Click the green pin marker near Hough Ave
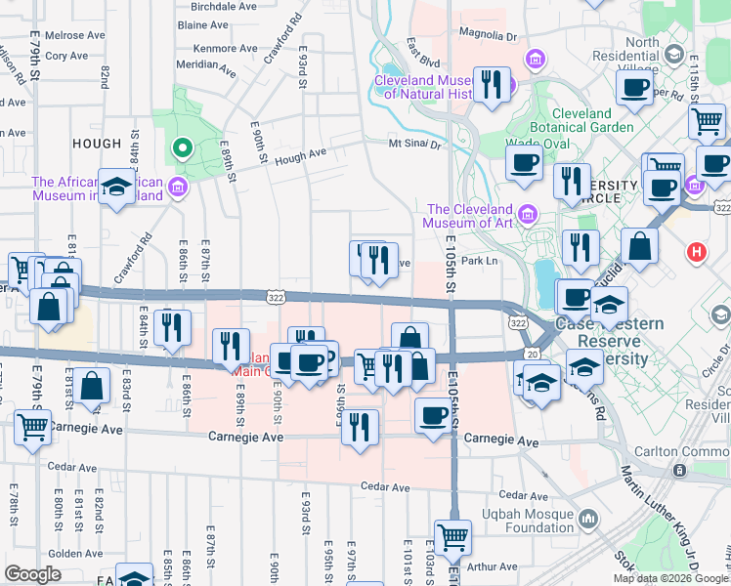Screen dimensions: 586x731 pyautogui.click(x=181, y=148)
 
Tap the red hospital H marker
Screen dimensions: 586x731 pyautogui.click(x=696, y=252)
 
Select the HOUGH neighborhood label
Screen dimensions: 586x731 pyautogui.click(x=97, y=144)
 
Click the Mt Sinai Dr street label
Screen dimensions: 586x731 pyautogui.click(x=415, y=144)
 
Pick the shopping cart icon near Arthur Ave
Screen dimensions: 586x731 pyautogui.click(x=452, y=536)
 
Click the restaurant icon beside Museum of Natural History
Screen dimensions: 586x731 pyautogui.click(x=492, y=85)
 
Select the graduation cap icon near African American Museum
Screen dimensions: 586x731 pyautogui.click(x=116, y=188)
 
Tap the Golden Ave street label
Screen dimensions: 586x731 pyautogui.click(x=68, y=553)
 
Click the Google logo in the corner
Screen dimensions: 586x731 pyautogui.click(x=33, y=574)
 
